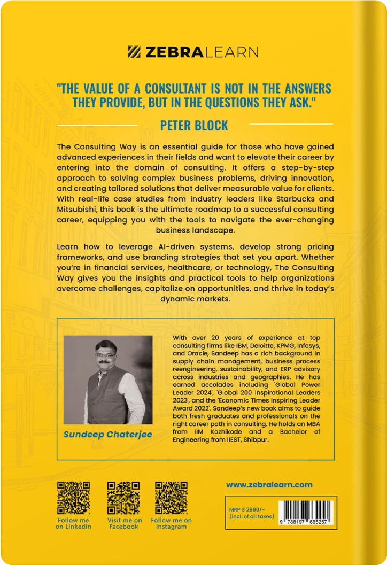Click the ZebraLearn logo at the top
pyautogui.click(x=193, y=52)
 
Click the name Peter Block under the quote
pyautogui.click(x=194, y=126)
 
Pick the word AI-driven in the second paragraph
pyautogui.click(x=158, y=247)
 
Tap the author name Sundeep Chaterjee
pyautogui.click(x=107, y=434)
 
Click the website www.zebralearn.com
pyautogui.click(x=269, y=485)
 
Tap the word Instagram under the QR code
pyautogui.click(x=172, y=527)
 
